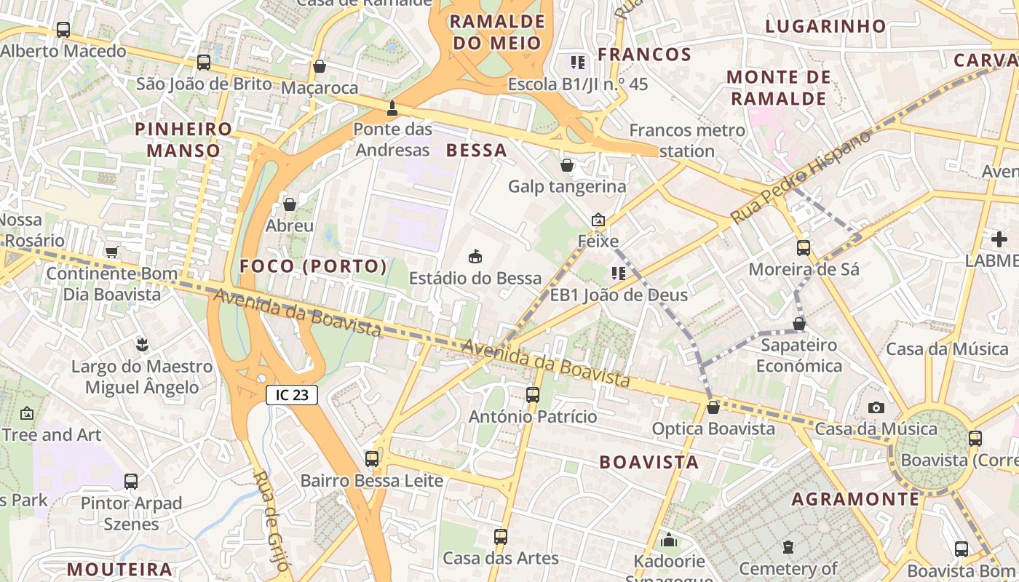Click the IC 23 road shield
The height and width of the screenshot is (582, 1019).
(292, 395)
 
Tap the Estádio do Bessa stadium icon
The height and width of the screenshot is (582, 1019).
(475, 256)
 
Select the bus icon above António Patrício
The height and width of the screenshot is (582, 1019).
(533, 395)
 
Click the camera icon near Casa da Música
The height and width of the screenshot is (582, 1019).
(876, 407)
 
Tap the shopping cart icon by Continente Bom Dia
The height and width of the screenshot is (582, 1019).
(111, 252)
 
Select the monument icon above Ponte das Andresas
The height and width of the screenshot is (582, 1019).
(392, 108)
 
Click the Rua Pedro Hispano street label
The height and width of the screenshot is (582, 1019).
(801, 177)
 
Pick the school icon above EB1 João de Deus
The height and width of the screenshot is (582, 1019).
(619, 273)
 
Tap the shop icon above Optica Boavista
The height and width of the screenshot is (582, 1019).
(713, 407)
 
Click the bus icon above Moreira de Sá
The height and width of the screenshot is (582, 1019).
(804, 247)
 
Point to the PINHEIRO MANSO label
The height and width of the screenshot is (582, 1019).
(183, 140)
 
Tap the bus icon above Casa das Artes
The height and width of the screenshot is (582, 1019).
(501, 537)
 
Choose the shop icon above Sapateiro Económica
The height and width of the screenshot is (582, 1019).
(799, 324)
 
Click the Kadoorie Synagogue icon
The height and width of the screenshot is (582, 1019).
(669, 540)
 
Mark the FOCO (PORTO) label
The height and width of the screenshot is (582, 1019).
(313, 266)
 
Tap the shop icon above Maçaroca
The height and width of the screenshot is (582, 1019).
(319, 66)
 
